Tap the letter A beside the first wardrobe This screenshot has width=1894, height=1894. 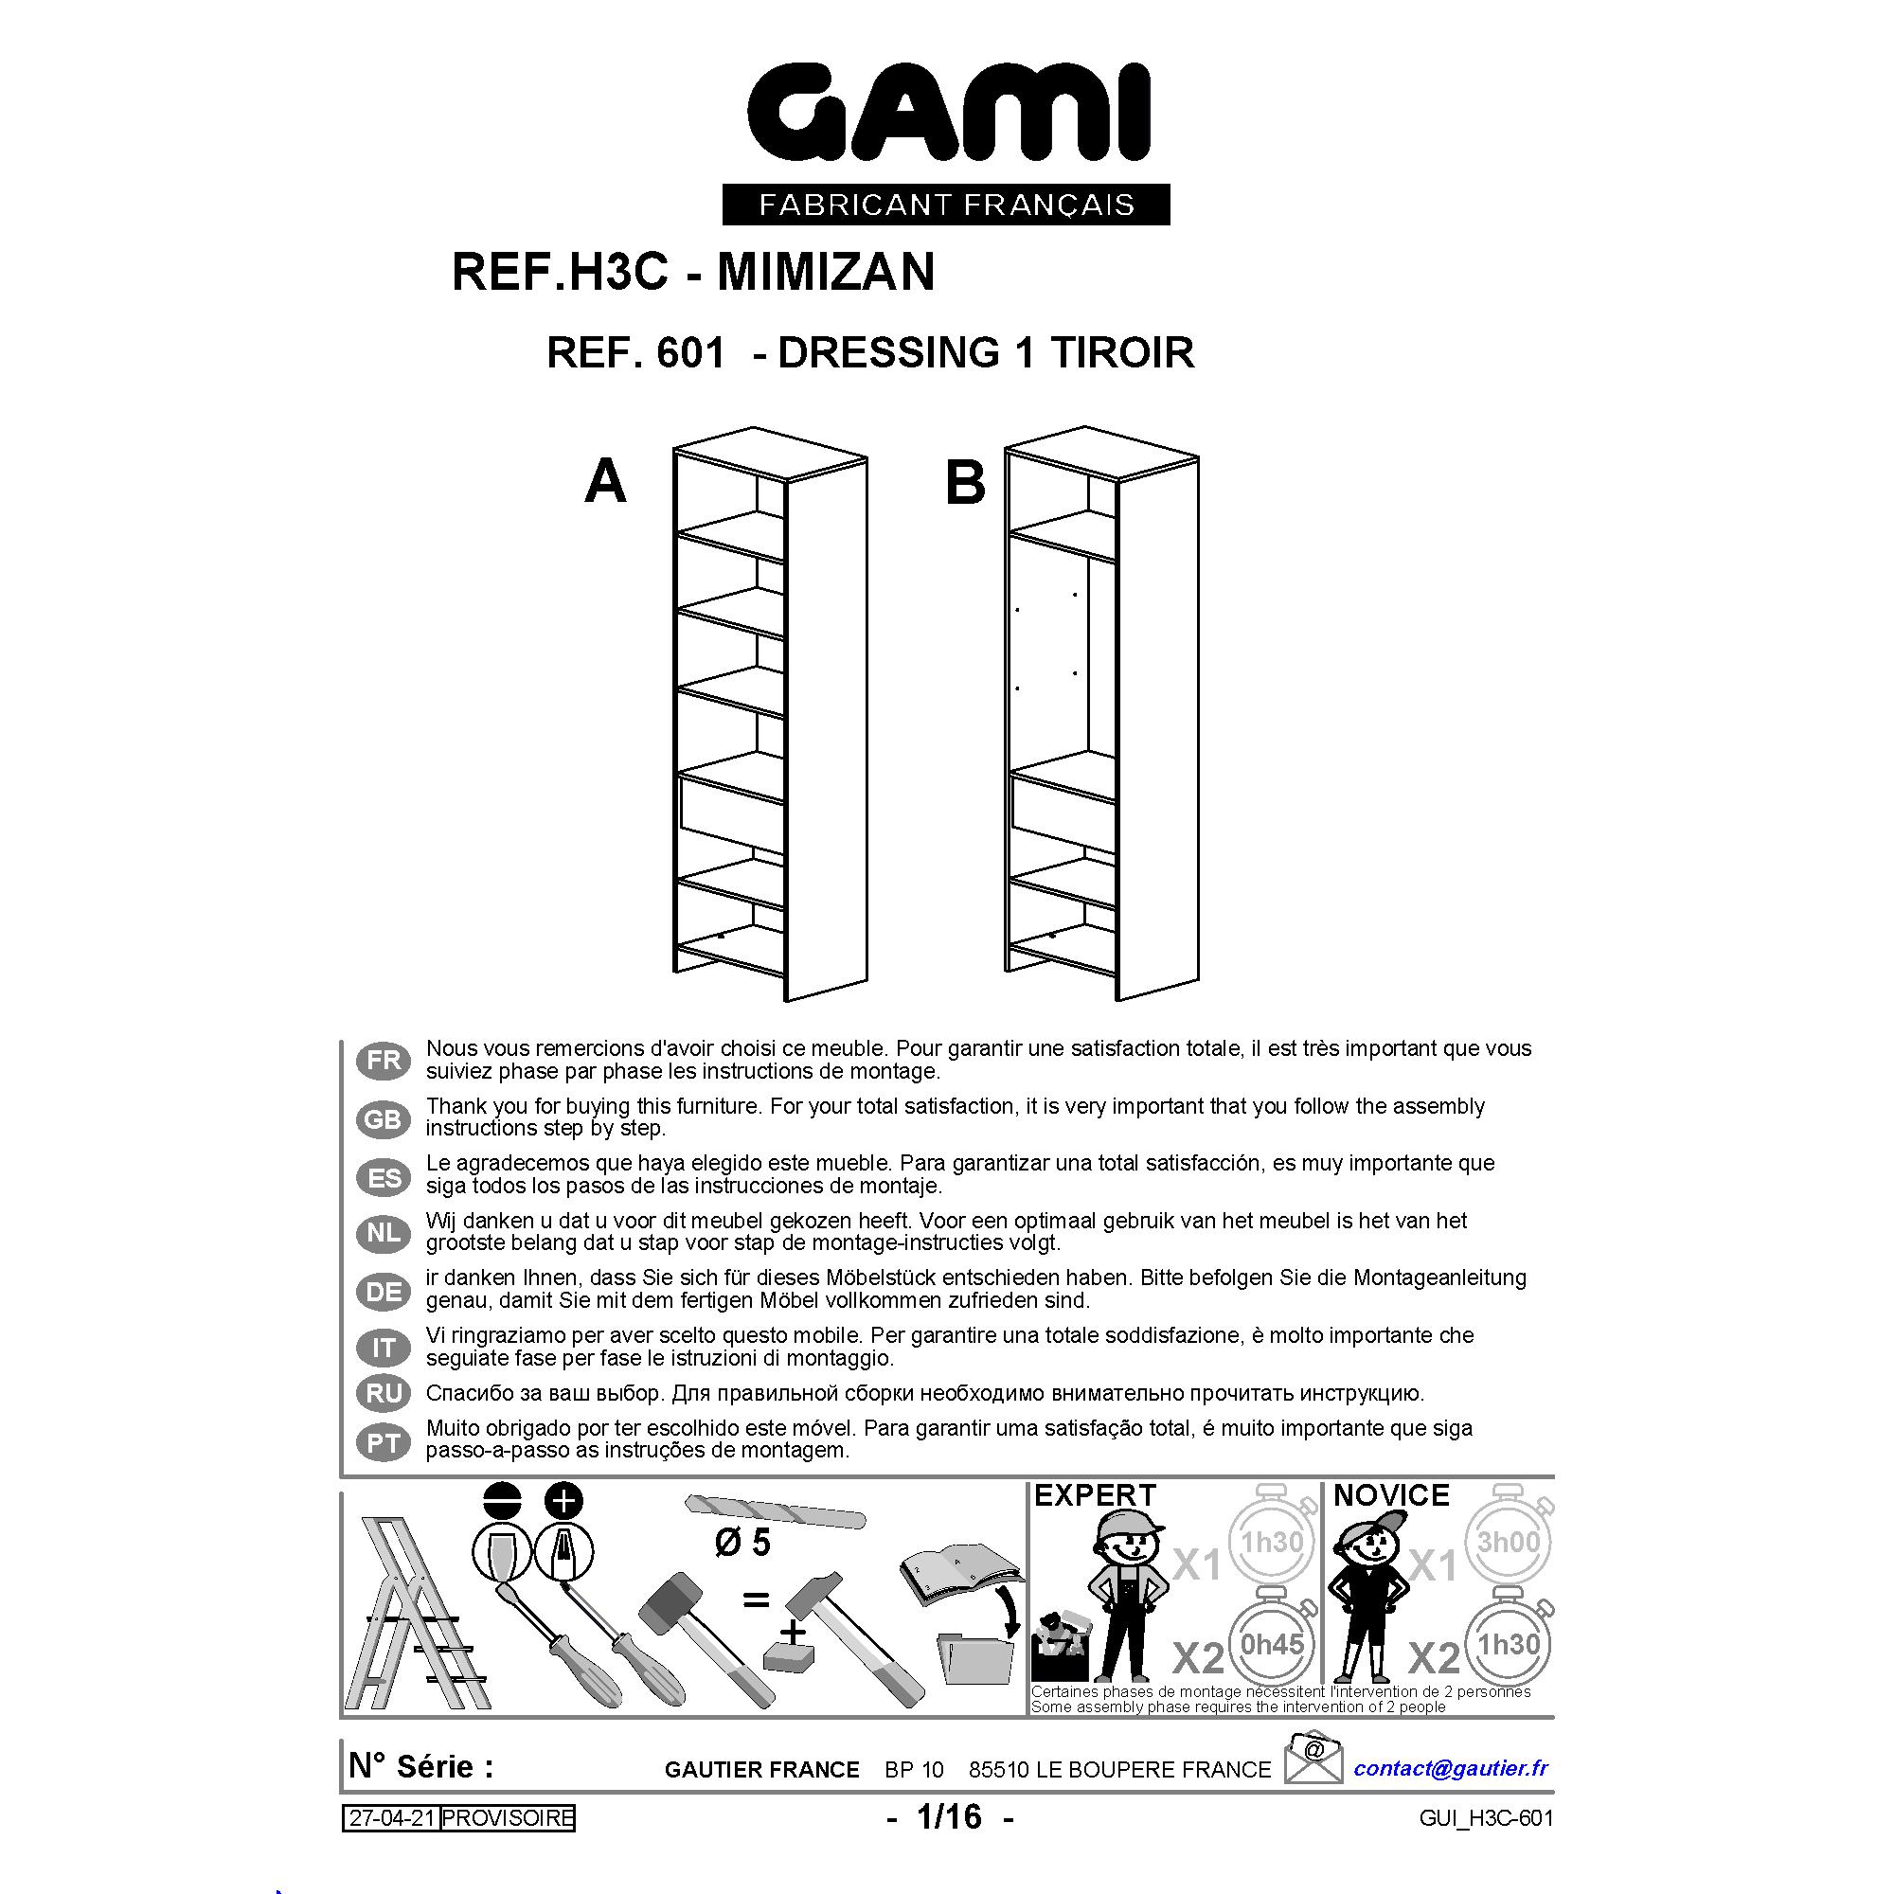[x=605, y=482]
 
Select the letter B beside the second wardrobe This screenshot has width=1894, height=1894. [x=965, y=483]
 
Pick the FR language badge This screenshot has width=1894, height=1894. [x=384, y=1061]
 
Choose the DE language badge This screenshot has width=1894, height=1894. [x=384, y=1292]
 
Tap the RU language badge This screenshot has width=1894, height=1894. [x=384, y=1394]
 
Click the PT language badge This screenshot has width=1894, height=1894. [x=384, y=1442]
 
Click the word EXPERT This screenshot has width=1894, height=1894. [x=1095, y=1495]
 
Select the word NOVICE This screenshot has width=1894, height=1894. [x=1391, y=1495]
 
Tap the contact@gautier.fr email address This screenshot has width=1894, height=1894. [x=1451, y=1767]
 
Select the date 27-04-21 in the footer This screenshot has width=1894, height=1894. [x=390, y=1818]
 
